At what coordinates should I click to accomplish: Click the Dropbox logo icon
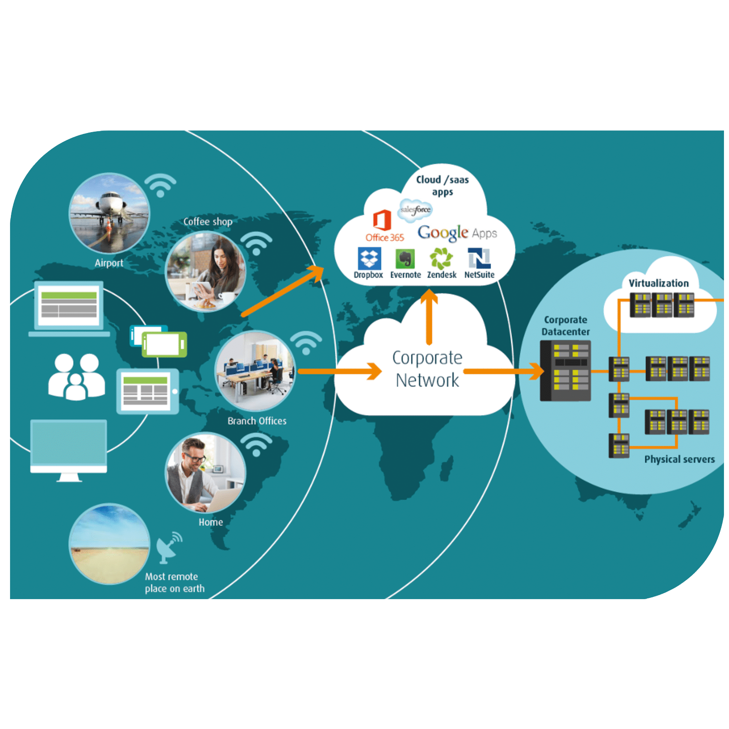point(369,258)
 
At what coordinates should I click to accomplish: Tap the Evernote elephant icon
point(405,259)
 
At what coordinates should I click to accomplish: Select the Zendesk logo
point(441,258)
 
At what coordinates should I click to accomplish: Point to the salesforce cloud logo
point(415,210)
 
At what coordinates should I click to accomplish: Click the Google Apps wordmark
point(457,233)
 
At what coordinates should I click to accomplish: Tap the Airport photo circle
point(109,213)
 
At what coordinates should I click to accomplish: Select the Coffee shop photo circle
point(205,272)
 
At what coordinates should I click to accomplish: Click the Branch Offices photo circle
point(255,371)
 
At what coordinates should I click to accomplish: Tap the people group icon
point(77,377)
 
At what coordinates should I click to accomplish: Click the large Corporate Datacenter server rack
point(565,371)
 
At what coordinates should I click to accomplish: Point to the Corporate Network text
point(427,369)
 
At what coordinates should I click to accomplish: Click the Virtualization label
point(659,283)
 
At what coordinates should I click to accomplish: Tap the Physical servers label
point(679,459)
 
